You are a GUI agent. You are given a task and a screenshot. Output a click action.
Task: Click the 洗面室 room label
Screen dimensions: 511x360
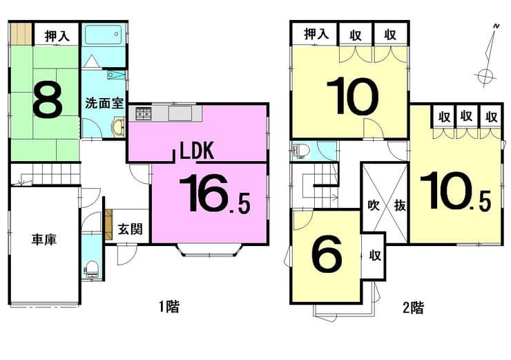(x=104, y=104)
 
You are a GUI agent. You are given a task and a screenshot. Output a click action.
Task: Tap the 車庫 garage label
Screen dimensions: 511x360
(x=44, y=239)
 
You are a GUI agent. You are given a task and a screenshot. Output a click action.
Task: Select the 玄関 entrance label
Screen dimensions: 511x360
(x=130, y=229)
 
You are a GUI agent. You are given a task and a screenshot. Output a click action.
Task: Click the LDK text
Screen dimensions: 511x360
(x=197, y=151)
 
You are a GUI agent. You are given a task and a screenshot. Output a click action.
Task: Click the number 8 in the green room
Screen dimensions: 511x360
(x=47, y=100)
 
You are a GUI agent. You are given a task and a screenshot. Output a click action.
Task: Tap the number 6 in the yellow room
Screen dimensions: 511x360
(x=327, y=254)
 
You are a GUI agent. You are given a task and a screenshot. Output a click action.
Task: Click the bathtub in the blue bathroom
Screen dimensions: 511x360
(x=104, y=35)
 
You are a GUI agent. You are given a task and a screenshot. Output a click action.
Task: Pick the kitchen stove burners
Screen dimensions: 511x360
(x=143, y=114)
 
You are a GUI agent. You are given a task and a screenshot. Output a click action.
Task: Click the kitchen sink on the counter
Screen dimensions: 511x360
(x=180, y=113)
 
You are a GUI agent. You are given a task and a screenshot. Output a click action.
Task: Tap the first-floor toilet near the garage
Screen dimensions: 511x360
(x=92, y=269)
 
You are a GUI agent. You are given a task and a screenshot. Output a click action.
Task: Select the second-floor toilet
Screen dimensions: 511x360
(x=301, y=151)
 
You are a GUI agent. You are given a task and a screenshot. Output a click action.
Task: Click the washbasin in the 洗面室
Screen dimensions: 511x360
(x=118, y=127)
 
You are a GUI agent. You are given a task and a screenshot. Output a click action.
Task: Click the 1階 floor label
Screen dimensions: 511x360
(x=168, y=307)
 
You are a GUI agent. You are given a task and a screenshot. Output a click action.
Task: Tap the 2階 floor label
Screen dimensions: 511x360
(x=413, y=307)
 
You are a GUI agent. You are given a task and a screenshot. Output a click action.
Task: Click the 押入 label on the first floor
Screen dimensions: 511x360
(x=57, y=35)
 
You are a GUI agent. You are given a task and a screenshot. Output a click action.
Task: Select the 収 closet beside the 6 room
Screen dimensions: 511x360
(x=375, y=255)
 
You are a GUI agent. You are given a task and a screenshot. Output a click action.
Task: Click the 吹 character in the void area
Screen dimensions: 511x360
(x=374, y=205)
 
